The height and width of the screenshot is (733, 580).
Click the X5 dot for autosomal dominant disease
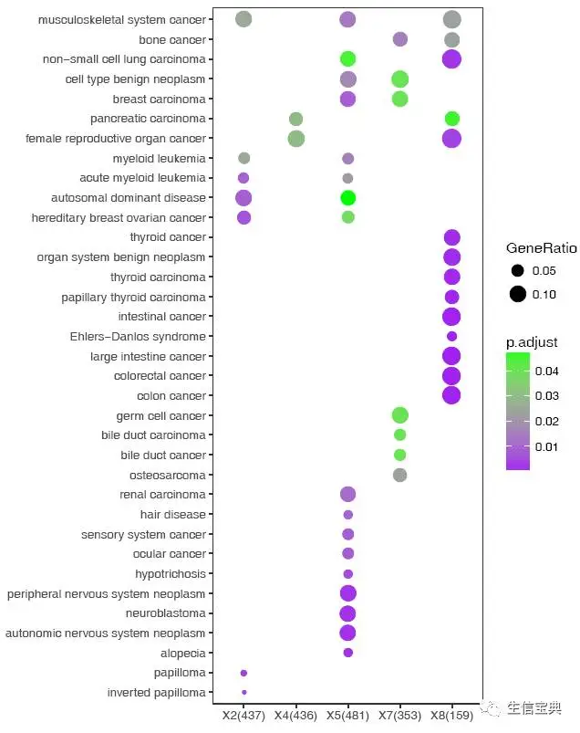[x=347, y=198]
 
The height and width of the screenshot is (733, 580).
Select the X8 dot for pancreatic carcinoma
[x=451, y=119]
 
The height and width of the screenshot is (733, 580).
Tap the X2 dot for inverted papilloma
[x=243, y=693]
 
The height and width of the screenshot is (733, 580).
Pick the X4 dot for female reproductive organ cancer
[x=295, y=139]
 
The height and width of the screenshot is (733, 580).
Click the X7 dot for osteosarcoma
[x=399, y=475]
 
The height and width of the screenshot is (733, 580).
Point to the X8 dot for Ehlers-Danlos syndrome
[x=451, y=336]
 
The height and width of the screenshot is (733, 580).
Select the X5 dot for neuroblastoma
[x=347, y=613]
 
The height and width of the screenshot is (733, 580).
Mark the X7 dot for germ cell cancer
[x=399, y=415]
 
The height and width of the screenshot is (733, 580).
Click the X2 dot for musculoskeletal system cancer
[x=243, y=19]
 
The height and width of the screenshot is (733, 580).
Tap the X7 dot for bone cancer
[x=399, y=39]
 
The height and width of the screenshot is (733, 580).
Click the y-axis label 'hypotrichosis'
[x=171, y=574]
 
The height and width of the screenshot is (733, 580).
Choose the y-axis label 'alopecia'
[x=184, y=654]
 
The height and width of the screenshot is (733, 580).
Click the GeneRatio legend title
[x=537, y=248]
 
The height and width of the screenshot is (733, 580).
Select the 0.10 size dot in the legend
[x=518, y=294]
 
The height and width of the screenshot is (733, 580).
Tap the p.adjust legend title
[x=532, y=342]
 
